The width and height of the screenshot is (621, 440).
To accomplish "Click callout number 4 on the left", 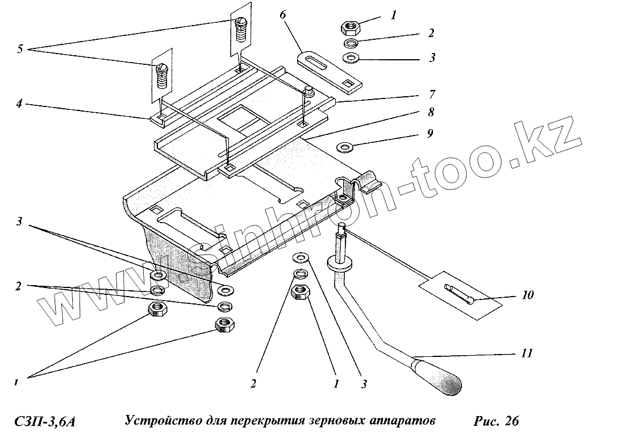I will [19, 104].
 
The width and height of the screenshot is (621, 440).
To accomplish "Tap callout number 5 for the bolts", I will [20, 49].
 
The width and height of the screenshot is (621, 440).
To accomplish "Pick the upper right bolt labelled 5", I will [241, 28].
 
